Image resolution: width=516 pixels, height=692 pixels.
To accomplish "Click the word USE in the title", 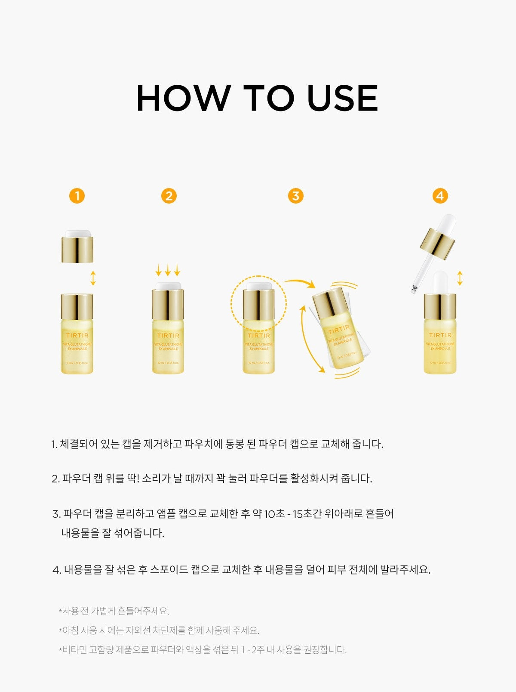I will [342, 99].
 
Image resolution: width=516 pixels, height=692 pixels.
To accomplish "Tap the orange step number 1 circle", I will [77, 196].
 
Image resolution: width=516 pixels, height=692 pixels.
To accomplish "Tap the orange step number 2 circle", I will [169, 196].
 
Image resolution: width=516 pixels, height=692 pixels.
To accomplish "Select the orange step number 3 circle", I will [295, 196].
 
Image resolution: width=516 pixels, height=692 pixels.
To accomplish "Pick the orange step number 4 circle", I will [439, 196].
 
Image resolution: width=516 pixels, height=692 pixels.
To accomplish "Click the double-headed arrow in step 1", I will [93, 278].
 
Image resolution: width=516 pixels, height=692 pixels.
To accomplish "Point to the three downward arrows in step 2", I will [168, 270].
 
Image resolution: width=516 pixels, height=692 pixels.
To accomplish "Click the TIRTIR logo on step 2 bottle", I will [168, 335].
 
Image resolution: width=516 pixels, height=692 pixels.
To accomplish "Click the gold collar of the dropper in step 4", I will [437, 243].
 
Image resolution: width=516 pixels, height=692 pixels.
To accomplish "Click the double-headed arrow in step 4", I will [460, 278].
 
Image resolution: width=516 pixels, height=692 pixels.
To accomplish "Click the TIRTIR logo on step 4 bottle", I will [440, 335].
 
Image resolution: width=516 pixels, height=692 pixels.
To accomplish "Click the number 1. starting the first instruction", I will [54, 445].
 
